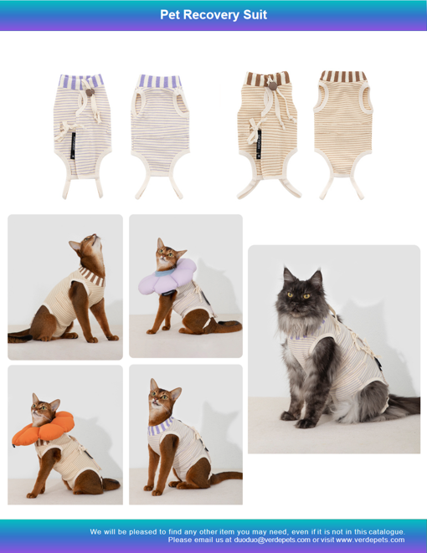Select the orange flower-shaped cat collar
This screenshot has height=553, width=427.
pos(43,428)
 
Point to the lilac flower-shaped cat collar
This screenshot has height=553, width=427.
pos(167,277)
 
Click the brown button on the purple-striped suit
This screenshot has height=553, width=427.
pos(90,92)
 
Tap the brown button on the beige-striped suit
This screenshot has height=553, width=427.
pos(272,85)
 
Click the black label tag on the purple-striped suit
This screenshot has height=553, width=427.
pos(74,145)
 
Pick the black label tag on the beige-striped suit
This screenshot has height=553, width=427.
pos(260,145)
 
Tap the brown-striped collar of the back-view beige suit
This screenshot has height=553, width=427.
pos(343,76)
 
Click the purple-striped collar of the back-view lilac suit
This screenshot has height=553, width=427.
pos(160,81)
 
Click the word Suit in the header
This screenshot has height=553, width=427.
pos(255,15)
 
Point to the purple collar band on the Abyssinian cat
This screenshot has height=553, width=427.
pos(161,427)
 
